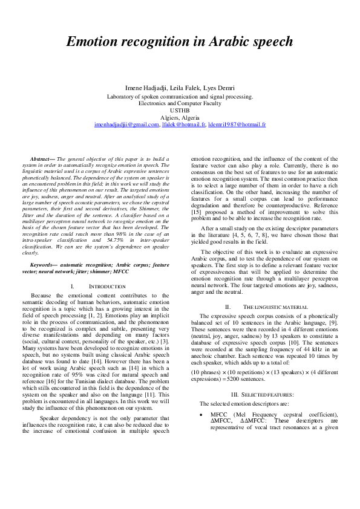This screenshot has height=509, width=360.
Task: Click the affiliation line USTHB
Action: coord(180,111)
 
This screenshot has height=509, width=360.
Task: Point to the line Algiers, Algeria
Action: coord(180,117)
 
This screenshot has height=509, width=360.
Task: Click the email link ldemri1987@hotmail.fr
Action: coord(237,125)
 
